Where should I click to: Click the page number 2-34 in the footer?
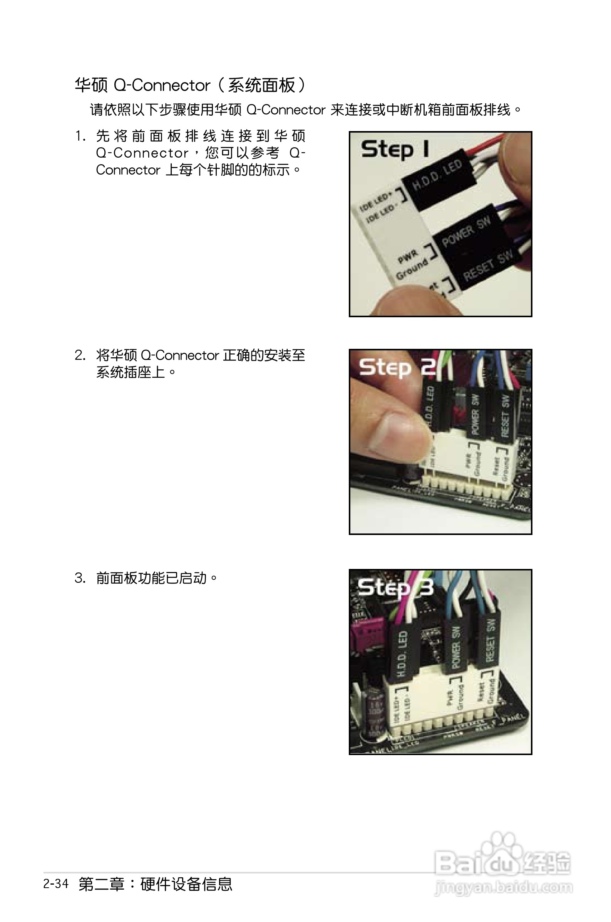(x=56, y=883)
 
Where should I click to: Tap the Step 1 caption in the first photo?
(x=395, y=150)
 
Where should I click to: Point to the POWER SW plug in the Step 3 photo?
(x=455, y=648)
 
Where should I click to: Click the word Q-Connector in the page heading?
(x=162, y=86)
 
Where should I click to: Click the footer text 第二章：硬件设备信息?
(x=155, y=884)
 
